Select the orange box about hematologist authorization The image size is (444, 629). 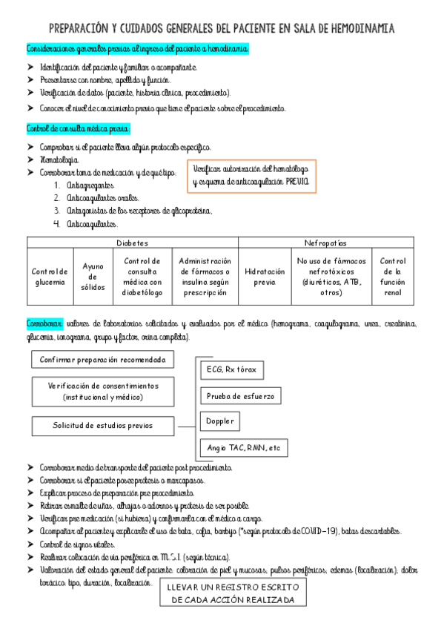pos(253,177)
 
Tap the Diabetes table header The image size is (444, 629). pos(132,243)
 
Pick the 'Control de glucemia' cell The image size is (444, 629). pos(50,277)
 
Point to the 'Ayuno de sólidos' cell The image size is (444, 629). pos(93,277)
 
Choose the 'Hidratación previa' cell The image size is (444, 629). pos(265,277)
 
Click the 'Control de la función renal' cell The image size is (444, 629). pos(392,277)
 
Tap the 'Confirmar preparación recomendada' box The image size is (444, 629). pos(103,361)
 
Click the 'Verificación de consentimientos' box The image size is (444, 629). pos(103,392)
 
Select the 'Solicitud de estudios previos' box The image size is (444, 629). pos(103,426)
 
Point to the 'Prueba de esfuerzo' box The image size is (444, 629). pos(240,396)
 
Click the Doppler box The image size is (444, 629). pos(220,422)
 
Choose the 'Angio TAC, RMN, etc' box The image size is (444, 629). pos(244,448)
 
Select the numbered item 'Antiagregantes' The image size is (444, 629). pos(90,185)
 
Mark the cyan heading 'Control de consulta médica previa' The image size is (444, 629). pos(78,128)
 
